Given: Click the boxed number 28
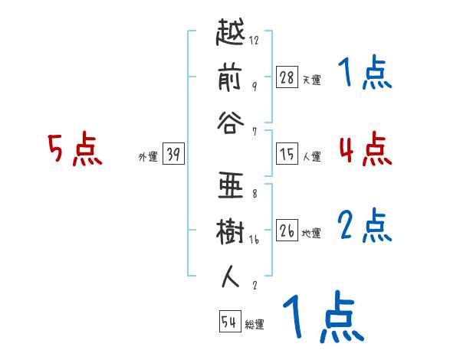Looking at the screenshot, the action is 287,78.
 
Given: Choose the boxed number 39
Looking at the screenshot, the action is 173,155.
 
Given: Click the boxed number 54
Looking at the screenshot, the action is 229,322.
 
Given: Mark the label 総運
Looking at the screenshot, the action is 255,325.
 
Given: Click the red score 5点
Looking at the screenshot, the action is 75,149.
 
